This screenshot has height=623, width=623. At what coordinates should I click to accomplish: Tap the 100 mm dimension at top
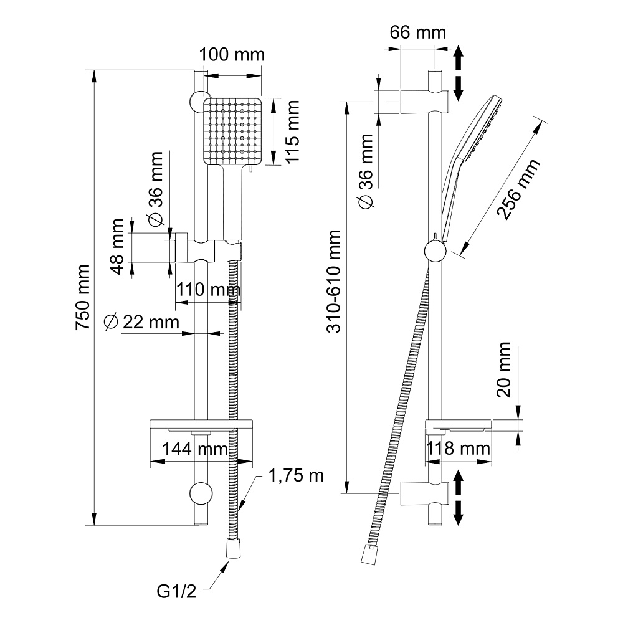click(x=232, y=54)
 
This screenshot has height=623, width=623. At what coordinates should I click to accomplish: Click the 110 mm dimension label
click(x=207, y=290)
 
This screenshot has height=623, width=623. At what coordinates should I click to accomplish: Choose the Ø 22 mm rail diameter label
click(x=141, y=322)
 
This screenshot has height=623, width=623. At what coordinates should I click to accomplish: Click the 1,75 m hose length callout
click(x=297, y=476)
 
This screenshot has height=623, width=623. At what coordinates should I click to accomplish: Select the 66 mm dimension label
click(x=418, y=32)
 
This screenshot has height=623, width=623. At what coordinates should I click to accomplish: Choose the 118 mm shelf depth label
click(x=459, y=449)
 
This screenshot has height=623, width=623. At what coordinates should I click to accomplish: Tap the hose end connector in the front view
click(x=232, y=550)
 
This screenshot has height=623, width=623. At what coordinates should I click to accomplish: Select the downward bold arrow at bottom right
click(x=458, y=512)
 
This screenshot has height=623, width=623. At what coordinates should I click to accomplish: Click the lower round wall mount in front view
click(x=200, y=493)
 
